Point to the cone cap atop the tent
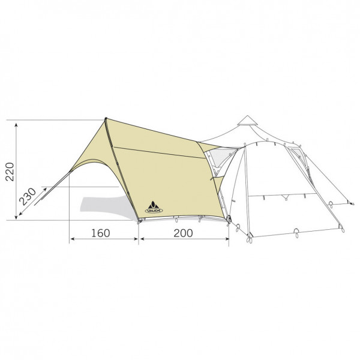click(x=247, y=121)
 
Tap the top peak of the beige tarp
click(x=106, y=119)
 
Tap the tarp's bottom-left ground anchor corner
click(x=139, y=221)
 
